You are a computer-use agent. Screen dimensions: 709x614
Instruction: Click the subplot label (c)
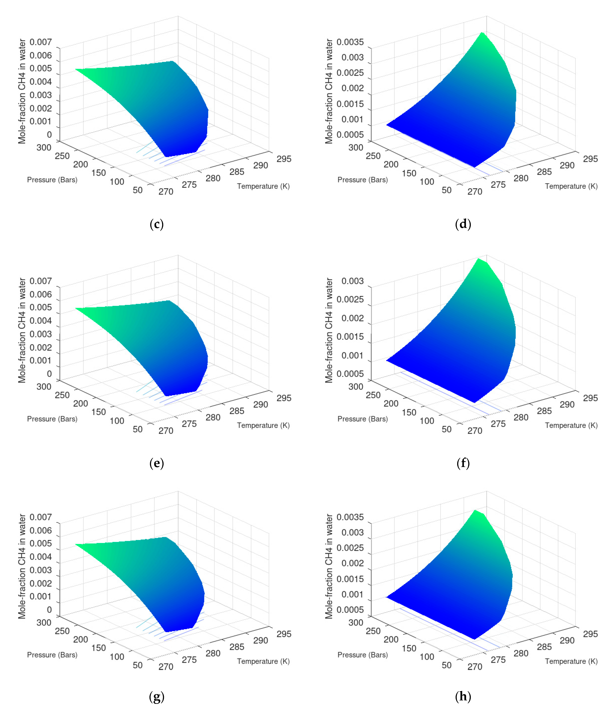pyautogui.click(x=157, y=224)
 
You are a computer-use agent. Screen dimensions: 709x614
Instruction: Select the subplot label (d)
pyautogui.click(x=463, y=224)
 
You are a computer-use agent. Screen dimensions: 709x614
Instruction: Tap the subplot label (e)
pyautogui.click(x=157, y=463)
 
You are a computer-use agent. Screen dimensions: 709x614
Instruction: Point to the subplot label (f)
pyautogui.click(x=463, y=463)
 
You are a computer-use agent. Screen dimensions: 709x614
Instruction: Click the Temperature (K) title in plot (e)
pyautogui.click(x=263, y=425)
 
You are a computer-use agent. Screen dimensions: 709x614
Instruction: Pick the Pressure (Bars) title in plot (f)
pyautogui.click(x=363, y=419)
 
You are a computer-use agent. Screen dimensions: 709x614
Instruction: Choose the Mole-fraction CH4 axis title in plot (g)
pyautogui.click(x=22, y=566)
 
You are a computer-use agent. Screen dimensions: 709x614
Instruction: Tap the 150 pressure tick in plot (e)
pyautogui.click(x=99, y=412)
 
